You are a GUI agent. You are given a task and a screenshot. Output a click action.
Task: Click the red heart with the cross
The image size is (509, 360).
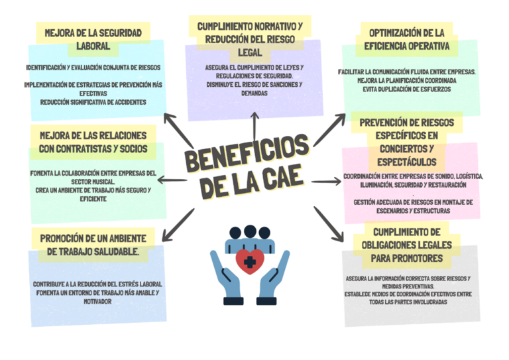pos(250,261)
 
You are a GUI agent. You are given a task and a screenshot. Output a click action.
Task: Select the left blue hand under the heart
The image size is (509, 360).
pos(227,272)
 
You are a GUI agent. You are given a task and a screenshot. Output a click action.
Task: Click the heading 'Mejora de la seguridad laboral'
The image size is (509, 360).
pos(92,39)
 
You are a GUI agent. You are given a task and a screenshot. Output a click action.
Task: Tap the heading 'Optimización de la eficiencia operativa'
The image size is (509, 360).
pos(406,39)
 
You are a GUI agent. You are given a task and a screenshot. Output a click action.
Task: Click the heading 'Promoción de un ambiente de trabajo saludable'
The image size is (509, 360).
pos(93,245)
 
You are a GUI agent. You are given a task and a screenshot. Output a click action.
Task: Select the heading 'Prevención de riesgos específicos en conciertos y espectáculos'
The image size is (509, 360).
pos(406,142)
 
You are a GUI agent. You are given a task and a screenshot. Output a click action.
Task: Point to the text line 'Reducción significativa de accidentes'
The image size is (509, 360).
pos(93,102)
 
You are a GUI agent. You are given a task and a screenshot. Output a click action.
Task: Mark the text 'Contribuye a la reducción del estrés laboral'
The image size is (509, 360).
pos(97,284)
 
